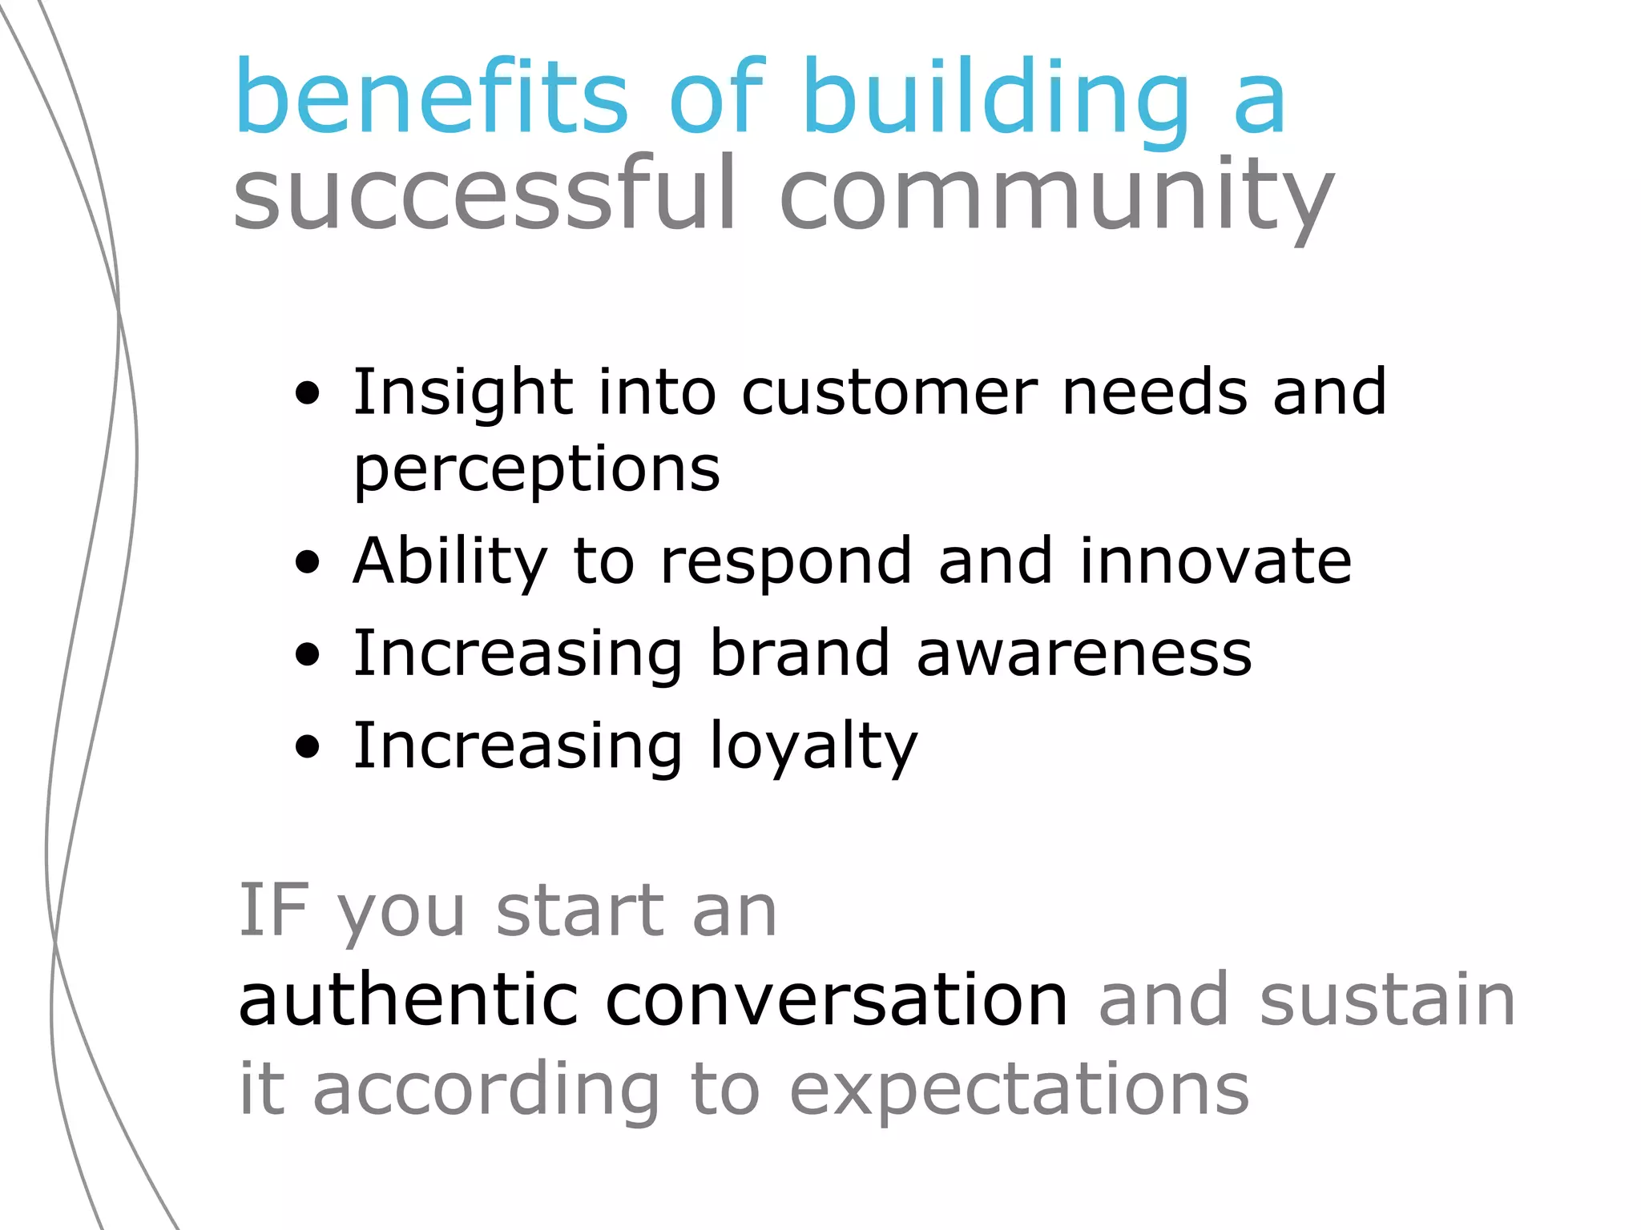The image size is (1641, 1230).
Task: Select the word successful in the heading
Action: pos(484,194)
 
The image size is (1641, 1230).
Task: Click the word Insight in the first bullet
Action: pos(462,392)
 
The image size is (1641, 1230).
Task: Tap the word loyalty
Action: pos(813,746)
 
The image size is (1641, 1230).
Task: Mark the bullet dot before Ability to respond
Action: pos(307,563)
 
